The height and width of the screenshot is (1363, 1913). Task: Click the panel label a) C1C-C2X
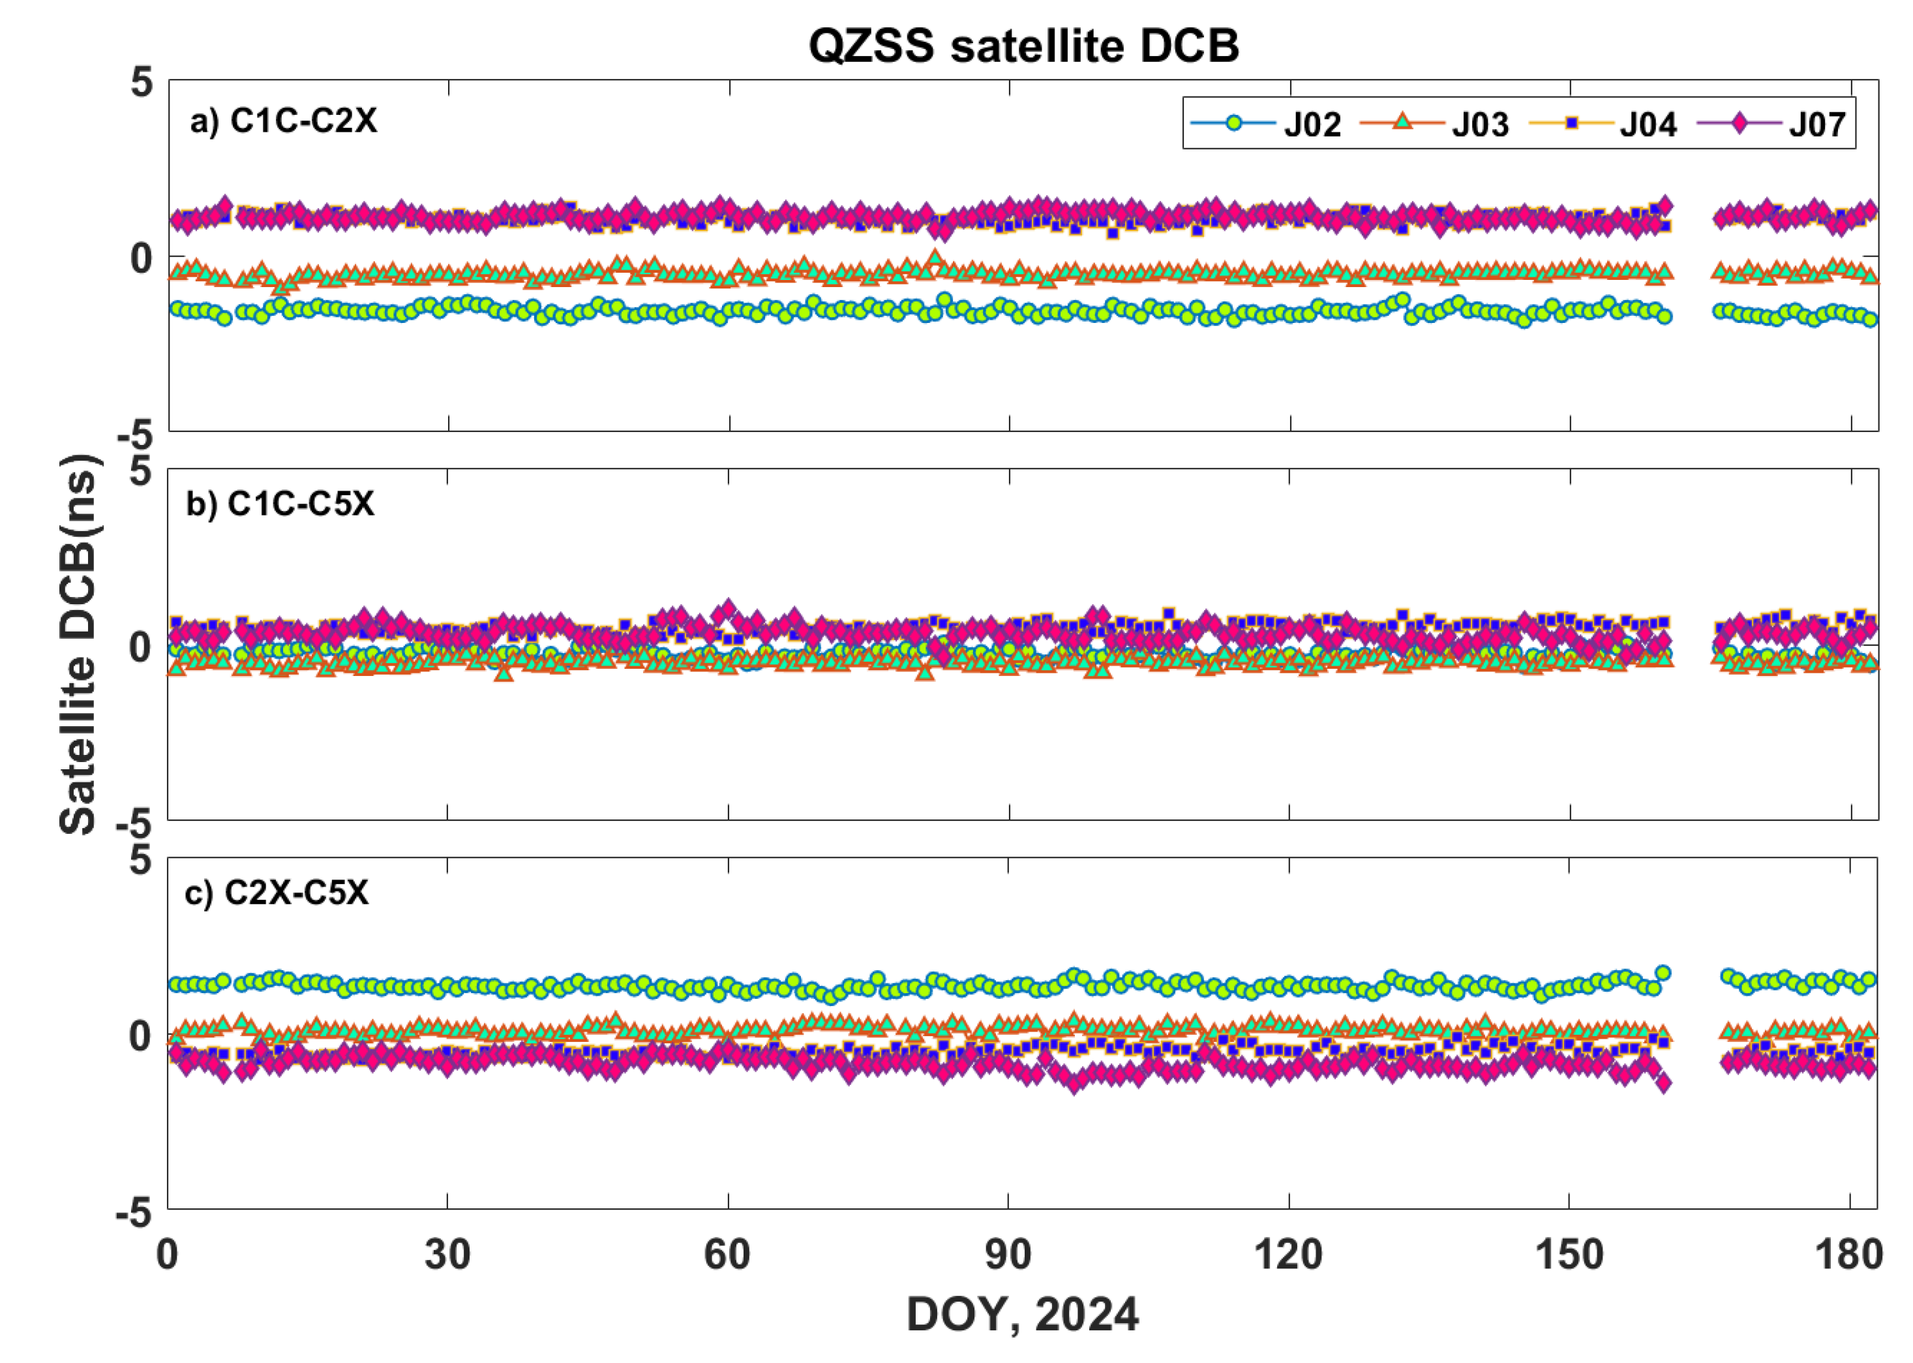[284, 122]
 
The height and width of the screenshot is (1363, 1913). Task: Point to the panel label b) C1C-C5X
[280, 504]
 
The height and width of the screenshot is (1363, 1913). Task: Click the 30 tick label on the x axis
[447, 1255]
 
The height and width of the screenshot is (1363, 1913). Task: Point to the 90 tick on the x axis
[1008, 1255]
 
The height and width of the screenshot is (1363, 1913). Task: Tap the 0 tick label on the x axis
[168, 1255]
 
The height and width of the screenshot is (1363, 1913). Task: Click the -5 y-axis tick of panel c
[134, 1213]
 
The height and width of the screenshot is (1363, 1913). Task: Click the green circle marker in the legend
[1233, 123]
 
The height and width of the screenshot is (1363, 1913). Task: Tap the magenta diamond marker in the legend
[1740, 123]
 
